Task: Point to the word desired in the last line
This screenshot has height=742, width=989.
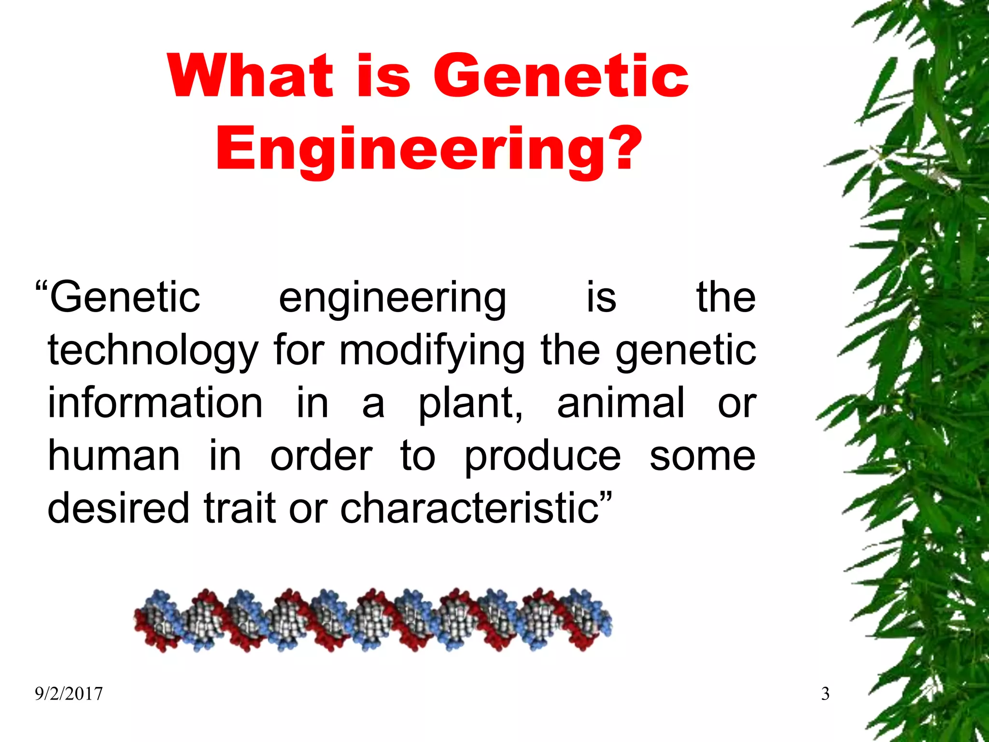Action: click(118, 508)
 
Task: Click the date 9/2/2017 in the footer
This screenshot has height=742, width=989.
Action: click(69, 694)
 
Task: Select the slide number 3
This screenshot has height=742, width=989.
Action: click(825, 694)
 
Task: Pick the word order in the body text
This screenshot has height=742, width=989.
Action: click(321, 457)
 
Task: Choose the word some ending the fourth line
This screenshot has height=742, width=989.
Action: click(702, 457)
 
